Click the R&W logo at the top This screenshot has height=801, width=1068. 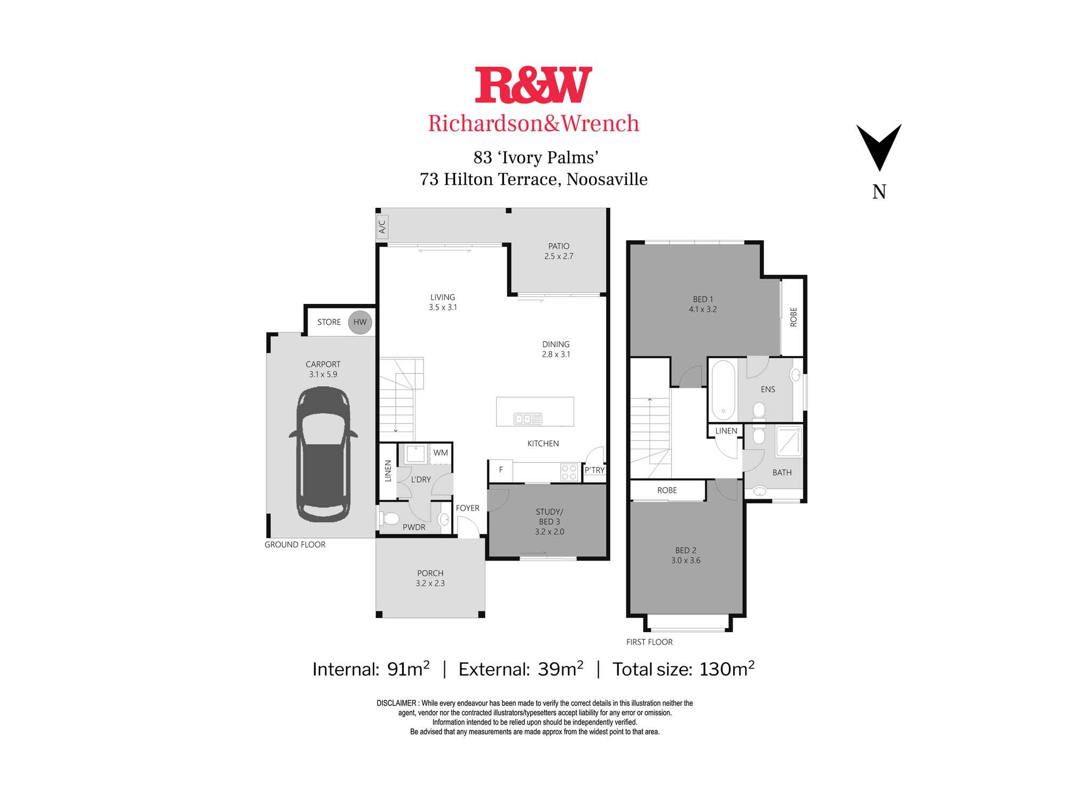[x=533, y=85]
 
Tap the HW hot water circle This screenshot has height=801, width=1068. [x=360, y=322]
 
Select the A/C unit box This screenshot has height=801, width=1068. [x=382, y=227]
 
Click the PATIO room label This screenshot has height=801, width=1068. [x=559, y=246]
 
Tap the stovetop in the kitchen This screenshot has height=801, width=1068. [x=569, y=472]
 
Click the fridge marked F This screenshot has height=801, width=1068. [x=501, y=470]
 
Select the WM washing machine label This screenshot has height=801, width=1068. [x=441, y=453]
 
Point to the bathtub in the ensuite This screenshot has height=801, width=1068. [x=723, y=390]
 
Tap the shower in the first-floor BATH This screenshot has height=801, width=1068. [x=789, y=441]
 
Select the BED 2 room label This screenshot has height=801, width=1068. [x=686, y=550]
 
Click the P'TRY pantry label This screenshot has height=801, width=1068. [x=594, y=470]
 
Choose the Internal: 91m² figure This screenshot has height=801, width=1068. [x=371, y=669]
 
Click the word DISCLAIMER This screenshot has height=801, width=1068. [x=396, y=703]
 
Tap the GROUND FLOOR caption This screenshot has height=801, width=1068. [x=295, y=545]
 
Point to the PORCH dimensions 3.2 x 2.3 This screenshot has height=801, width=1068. [x=430, y=583]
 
